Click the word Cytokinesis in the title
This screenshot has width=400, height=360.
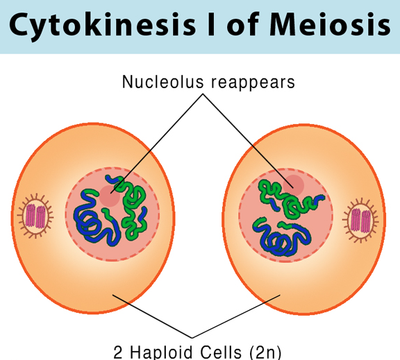tap(102, 25)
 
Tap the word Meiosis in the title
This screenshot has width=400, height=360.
tap(330, 24)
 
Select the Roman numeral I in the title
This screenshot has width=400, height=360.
tap(212, 24)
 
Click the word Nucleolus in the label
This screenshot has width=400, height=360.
tap(163, 82)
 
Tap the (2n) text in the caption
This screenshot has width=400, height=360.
tap(265, 352)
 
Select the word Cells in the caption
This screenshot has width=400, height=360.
tap(221, 352)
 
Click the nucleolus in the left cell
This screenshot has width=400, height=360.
tap(110, 196)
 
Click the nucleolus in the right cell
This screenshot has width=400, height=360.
tap(293, 185)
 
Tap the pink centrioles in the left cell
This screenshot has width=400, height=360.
tap(35, 216)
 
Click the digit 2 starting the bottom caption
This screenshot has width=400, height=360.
tap(118, 352)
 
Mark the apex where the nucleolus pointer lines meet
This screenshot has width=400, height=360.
tap(203, 94)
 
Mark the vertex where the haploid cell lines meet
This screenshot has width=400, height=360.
tap(192, 338)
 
